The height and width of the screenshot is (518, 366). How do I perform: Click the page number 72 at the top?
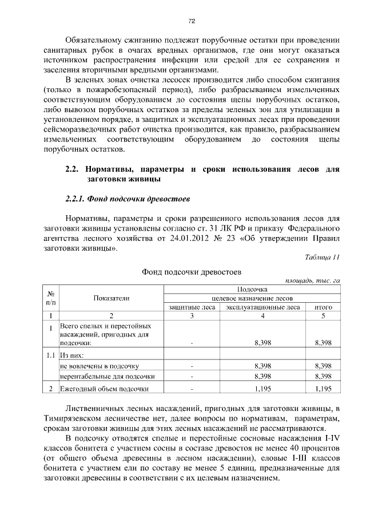click(x=192, y=21)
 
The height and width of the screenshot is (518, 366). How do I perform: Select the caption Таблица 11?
click(x=323, y=257)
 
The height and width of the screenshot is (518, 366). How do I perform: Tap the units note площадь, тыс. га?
click(x=313, y=280)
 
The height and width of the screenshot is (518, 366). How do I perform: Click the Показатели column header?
click(x=112, y=298)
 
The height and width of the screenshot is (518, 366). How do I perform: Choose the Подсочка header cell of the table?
click(x=252, y=290)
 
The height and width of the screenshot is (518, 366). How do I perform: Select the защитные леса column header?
click(x=192, y=307)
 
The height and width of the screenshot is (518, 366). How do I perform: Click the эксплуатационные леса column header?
click(x=262, y=307)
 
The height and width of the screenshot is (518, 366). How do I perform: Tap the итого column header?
click(x=323, y=307)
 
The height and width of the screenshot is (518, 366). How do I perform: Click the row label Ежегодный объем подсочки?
click(x=105, y=389)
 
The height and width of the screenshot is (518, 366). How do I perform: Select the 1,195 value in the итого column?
click(x=323, y=389)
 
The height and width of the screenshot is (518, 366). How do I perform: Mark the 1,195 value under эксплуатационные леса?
click(x=262, y=389)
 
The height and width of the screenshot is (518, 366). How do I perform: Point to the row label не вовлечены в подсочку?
click(x=100, y=365)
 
